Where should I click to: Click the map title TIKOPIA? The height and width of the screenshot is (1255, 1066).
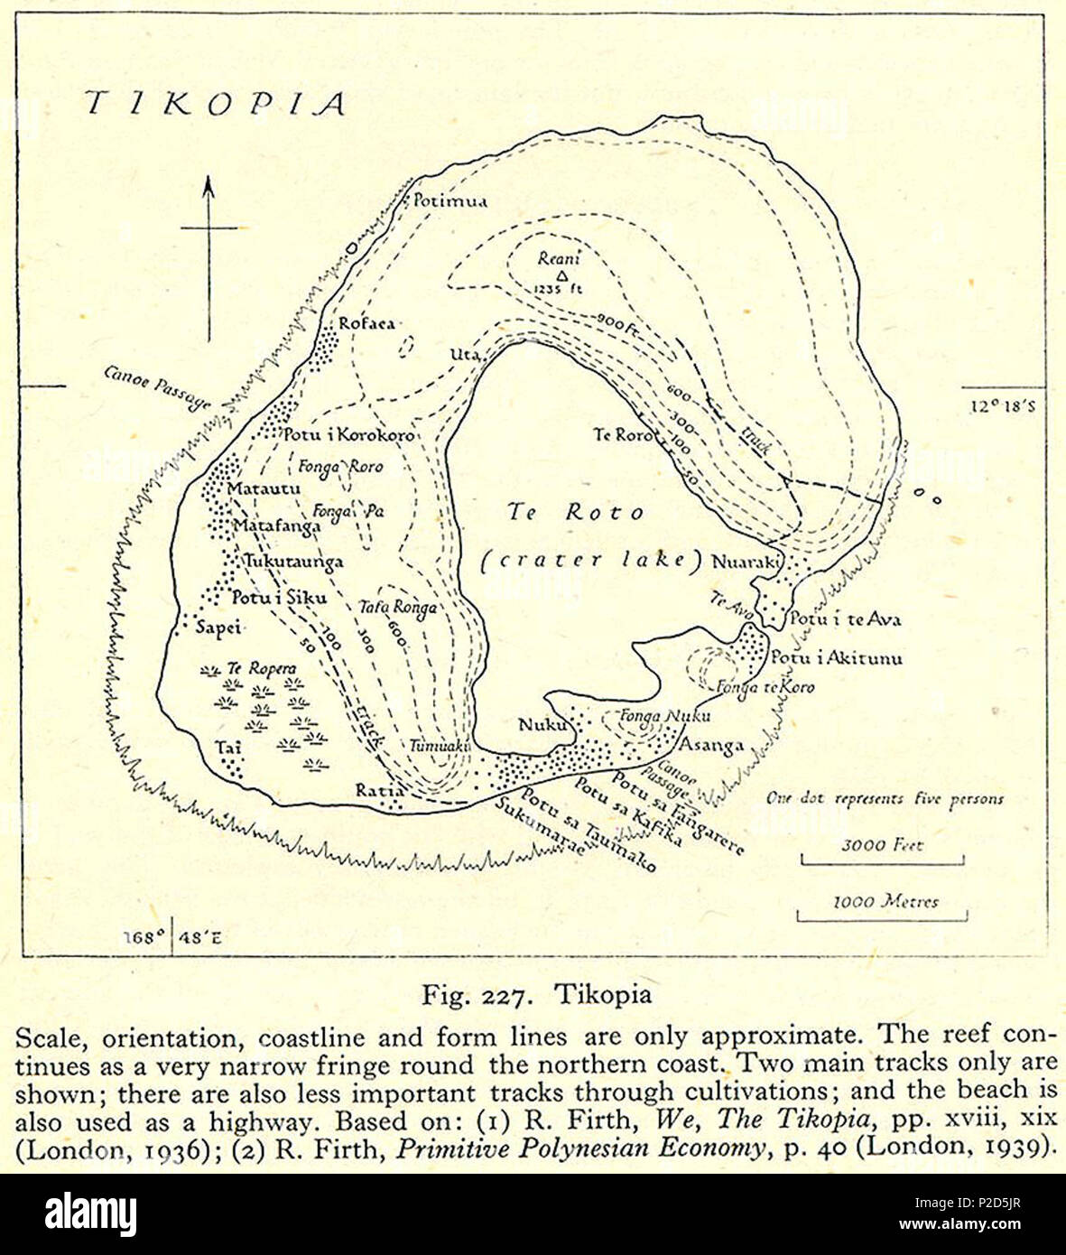[x=215, y=104]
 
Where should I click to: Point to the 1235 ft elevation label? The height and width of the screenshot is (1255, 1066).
[x=560, y=290]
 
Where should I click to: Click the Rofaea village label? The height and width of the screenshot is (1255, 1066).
[x=366, y=323]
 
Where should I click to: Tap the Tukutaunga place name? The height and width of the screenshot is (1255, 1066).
[x=293, y=562]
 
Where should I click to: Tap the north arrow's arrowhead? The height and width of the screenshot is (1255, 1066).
[x=209, y=186]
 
